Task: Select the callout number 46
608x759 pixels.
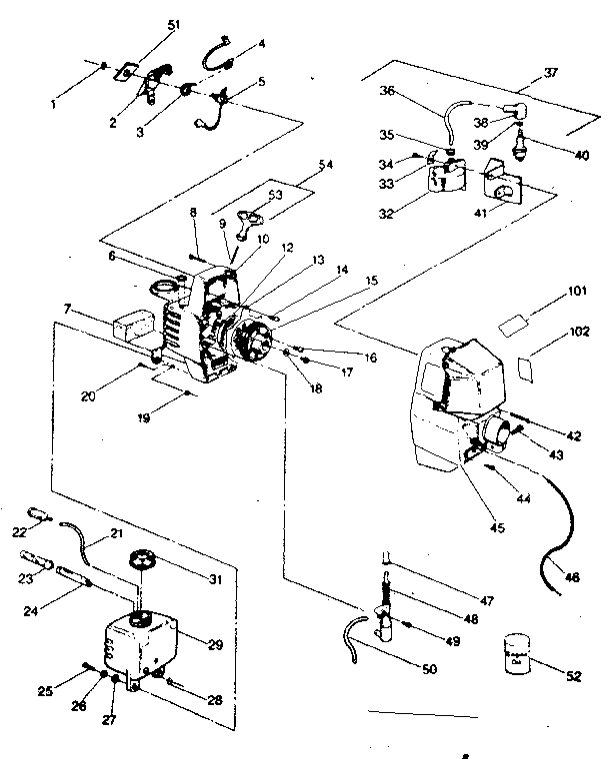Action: coord(573,577)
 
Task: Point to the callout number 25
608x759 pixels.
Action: coord(45,691)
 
